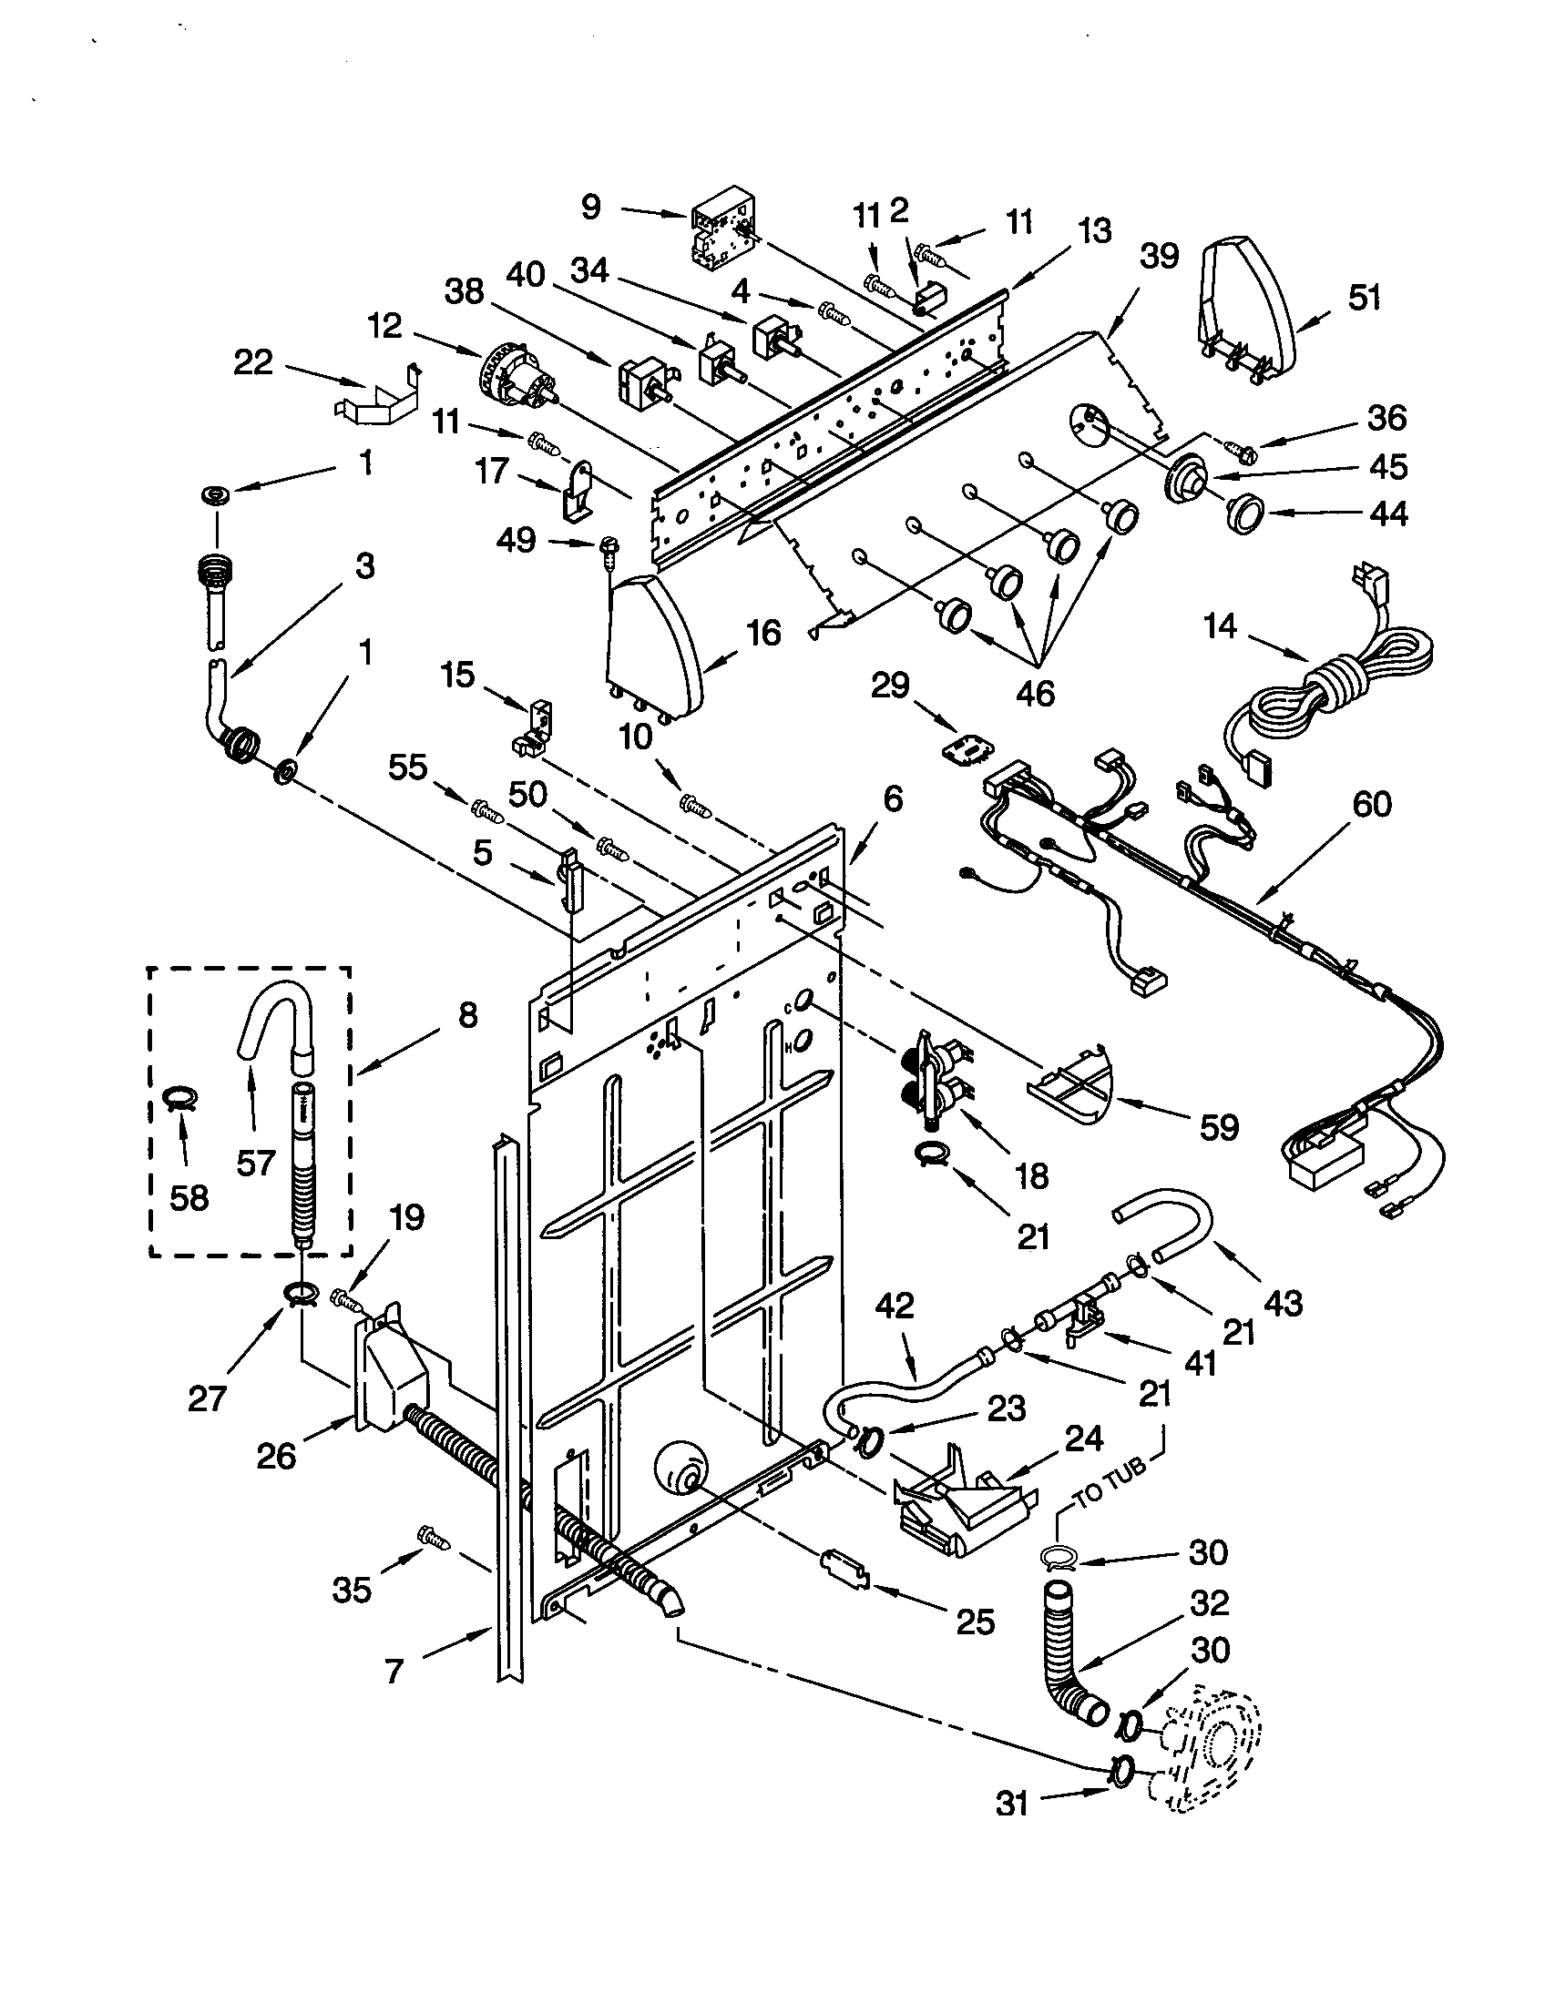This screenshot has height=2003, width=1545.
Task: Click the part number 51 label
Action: coord(1364,299)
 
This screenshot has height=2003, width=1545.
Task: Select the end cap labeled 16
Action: coord(653,646)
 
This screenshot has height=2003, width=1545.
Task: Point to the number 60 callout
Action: coord(1372,804)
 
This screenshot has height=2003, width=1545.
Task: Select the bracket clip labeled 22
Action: coord(376,399)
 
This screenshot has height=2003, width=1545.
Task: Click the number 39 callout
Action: coord(1159,257)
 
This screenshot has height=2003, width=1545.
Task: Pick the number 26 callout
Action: coord(276,1456)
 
